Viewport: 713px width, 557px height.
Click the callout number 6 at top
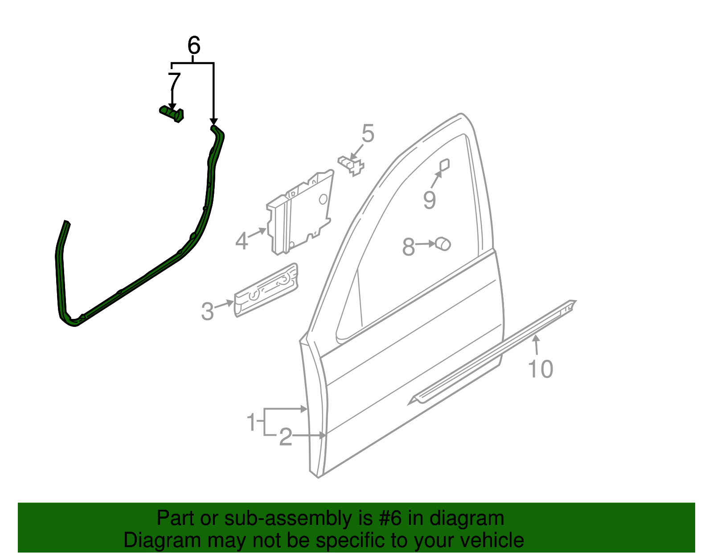tap(194, 45)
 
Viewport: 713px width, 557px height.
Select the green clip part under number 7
tap(172, 113)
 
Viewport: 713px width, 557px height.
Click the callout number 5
tap(368, 133)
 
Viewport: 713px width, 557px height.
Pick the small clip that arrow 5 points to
tap(352, 165)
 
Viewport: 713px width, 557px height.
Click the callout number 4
tap(242, 241)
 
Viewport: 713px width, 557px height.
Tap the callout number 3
tap(208, 311)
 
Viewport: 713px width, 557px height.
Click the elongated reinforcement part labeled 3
tap(266, 289)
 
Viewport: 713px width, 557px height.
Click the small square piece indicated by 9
tap(444, 165)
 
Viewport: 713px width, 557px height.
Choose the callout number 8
tap(409, 247)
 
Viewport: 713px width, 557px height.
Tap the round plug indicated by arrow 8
tap(443, 243)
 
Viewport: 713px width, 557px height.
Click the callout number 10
tap(540, 369)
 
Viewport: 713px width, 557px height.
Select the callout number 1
tap(252, 421)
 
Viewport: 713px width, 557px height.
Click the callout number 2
tap(285, 437)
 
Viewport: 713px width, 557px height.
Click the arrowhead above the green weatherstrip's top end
tap(214, 121)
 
